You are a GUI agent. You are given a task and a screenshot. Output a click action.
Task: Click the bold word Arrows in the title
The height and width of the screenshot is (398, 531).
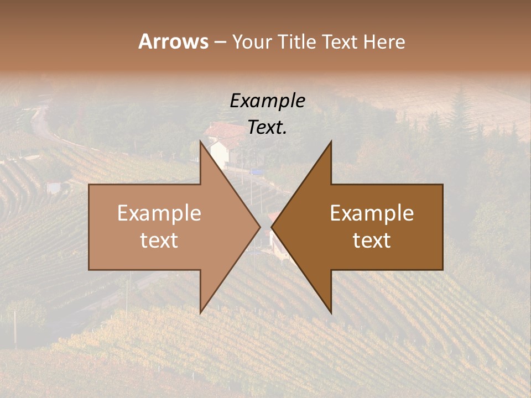[x=173, y=41]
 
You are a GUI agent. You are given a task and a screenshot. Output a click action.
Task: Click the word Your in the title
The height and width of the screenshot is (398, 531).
[x=252, y=42]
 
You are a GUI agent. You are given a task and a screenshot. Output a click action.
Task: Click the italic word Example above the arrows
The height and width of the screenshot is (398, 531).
[x=267, y=101]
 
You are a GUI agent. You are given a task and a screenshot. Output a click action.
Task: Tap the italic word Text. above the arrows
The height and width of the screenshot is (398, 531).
[x=267, y=128]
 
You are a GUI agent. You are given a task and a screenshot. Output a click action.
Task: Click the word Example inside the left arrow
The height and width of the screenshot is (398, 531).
[x=159, y=213]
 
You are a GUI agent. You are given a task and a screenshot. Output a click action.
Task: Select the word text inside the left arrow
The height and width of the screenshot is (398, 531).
[x=159, y=240]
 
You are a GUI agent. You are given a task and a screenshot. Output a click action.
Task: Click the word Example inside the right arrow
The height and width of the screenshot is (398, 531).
[x=372, y=213]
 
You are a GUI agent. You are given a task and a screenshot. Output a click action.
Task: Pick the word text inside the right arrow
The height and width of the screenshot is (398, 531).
[x=372, y=240]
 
